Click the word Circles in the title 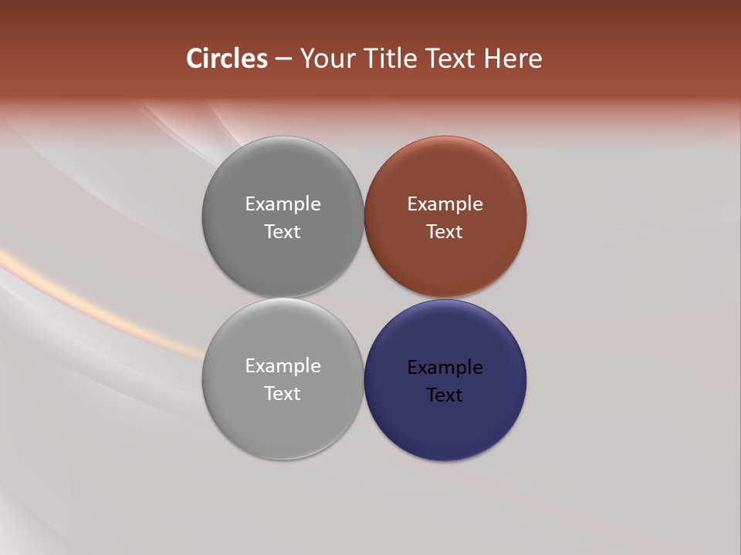pos(227,59)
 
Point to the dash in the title pos(283,59)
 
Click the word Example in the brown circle pos(445,204)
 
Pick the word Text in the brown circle pos(445,232)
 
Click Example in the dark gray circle pos(283,204)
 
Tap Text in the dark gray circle pos(283,232)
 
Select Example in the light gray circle pos(283,366)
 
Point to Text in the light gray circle pos(283,394)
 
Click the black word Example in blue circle pos(445,368)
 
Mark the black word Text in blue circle pos(445,395)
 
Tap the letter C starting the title pos(195,59)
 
